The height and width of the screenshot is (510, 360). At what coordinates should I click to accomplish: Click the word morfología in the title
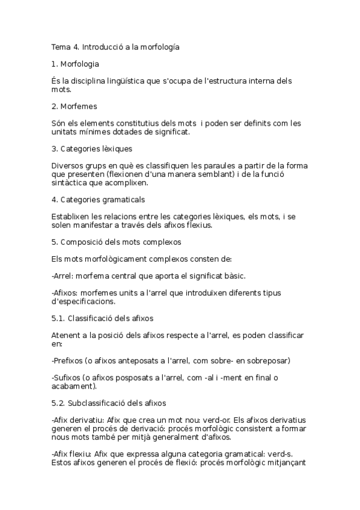(159, 46)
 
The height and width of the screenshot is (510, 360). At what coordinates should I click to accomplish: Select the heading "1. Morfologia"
(76, 63)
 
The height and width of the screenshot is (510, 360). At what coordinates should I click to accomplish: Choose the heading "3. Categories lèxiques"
(92, 148)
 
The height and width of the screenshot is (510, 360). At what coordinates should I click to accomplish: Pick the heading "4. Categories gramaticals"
(99, 199)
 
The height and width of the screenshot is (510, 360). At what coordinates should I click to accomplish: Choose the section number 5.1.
(58, 318)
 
